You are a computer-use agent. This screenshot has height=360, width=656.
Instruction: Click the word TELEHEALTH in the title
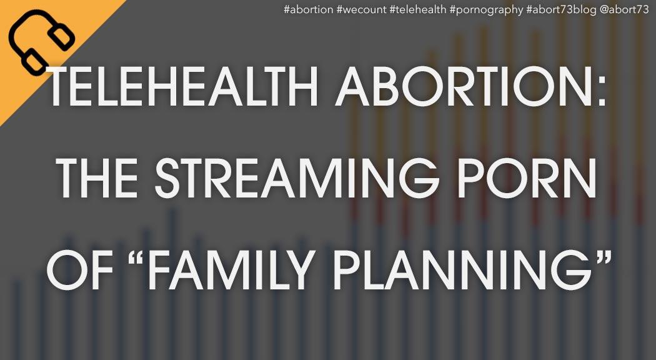183,87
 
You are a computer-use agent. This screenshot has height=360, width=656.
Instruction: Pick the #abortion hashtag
309,10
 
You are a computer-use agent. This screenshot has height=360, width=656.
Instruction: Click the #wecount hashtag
362,10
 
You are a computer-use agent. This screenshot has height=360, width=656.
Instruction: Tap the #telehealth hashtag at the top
418,10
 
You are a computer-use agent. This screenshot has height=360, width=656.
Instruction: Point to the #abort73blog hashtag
562,10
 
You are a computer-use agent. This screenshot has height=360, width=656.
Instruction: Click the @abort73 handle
624,10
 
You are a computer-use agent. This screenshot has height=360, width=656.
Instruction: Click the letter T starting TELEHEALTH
61,87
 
